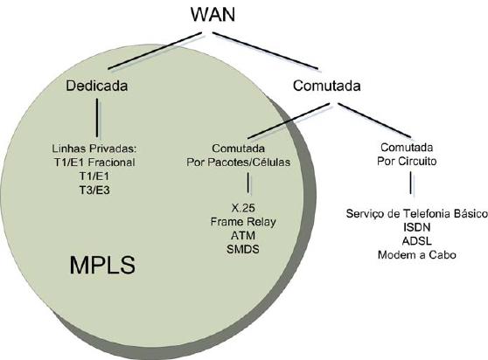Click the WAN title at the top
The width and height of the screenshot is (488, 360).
coord(213,14)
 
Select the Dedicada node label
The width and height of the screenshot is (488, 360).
coord(97,86)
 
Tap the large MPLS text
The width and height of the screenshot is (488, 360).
coord(102,265)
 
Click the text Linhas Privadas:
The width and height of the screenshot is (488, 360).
coord(94,149)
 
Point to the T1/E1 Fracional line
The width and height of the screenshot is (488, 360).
coord(94,163)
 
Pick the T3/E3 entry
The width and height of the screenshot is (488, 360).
coord(94,190)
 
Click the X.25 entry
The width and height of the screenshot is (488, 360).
coord(243,208)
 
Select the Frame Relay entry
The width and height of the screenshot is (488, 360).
coord(243,222)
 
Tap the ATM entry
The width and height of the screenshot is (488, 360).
coord(243,236)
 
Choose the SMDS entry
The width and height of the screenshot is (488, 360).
coord(243,249)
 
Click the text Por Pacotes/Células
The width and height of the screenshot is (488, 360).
coord(239,163)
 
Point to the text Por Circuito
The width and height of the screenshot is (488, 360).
coord(407,162)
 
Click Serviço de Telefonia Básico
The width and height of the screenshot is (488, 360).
coord(417,214)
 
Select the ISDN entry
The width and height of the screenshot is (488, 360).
coord(417,227)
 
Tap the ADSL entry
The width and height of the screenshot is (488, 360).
coord(417,241)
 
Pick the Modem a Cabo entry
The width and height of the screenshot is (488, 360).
coord(417,255)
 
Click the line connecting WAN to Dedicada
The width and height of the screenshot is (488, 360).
coord(155,51)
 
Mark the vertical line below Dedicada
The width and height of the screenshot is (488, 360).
coord(97,118)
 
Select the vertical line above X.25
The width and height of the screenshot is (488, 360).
coord(248,183)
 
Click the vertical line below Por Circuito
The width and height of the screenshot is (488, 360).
coord(411,183)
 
